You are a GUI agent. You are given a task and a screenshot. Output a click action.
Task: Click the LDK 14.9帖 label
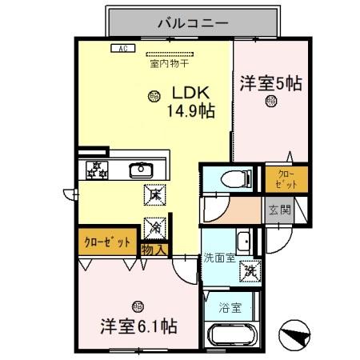click(190, 102)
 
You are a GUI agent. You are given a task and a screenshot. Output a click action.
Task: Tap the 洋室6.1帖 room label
click(138, 326)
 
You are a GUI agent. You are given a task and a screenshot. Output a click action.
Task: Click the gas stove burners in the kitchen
click(96, 169)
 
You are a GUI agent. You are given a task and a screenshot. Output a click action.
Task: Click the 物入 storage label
click(154, 250)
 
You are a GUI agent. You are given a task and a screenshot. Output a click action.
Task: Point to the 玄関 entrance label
click(280, 211)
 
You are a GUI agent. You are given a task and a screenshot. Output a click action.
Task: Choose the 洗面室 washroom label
click(218, 258)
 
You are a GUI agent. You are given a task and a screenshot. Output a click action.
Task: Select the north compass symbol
click(295, 335)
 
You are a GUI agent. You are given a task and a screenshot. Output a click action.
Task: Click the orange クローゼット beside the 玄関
click(286, 179)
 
